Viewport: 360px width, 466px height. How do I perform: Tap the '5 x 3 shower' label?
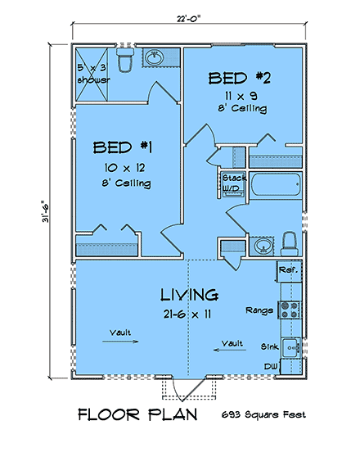(92, 75)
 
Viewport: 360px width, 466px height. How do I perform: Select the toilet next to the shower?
(125, 61)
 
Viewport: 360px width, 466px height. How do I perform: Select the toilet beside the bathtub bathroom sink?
(290, 242)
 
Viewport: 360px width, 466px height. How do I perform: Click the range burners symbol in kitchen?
(289, 310)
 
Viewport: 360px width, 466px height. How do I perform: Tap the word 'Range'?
(258, 310)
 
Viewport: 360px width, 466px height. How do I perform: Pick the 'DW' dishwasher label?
(269, 366)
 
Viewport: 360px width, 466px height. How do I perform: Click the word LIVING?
(188, 294)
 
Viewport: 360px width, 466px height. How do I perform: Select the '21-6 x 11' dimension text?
(187, 314)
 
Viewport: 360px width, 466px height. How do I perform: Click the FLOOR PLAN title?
(137, 414)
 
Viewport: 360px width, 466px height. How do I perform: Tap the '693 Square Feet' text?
(263, 415)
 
